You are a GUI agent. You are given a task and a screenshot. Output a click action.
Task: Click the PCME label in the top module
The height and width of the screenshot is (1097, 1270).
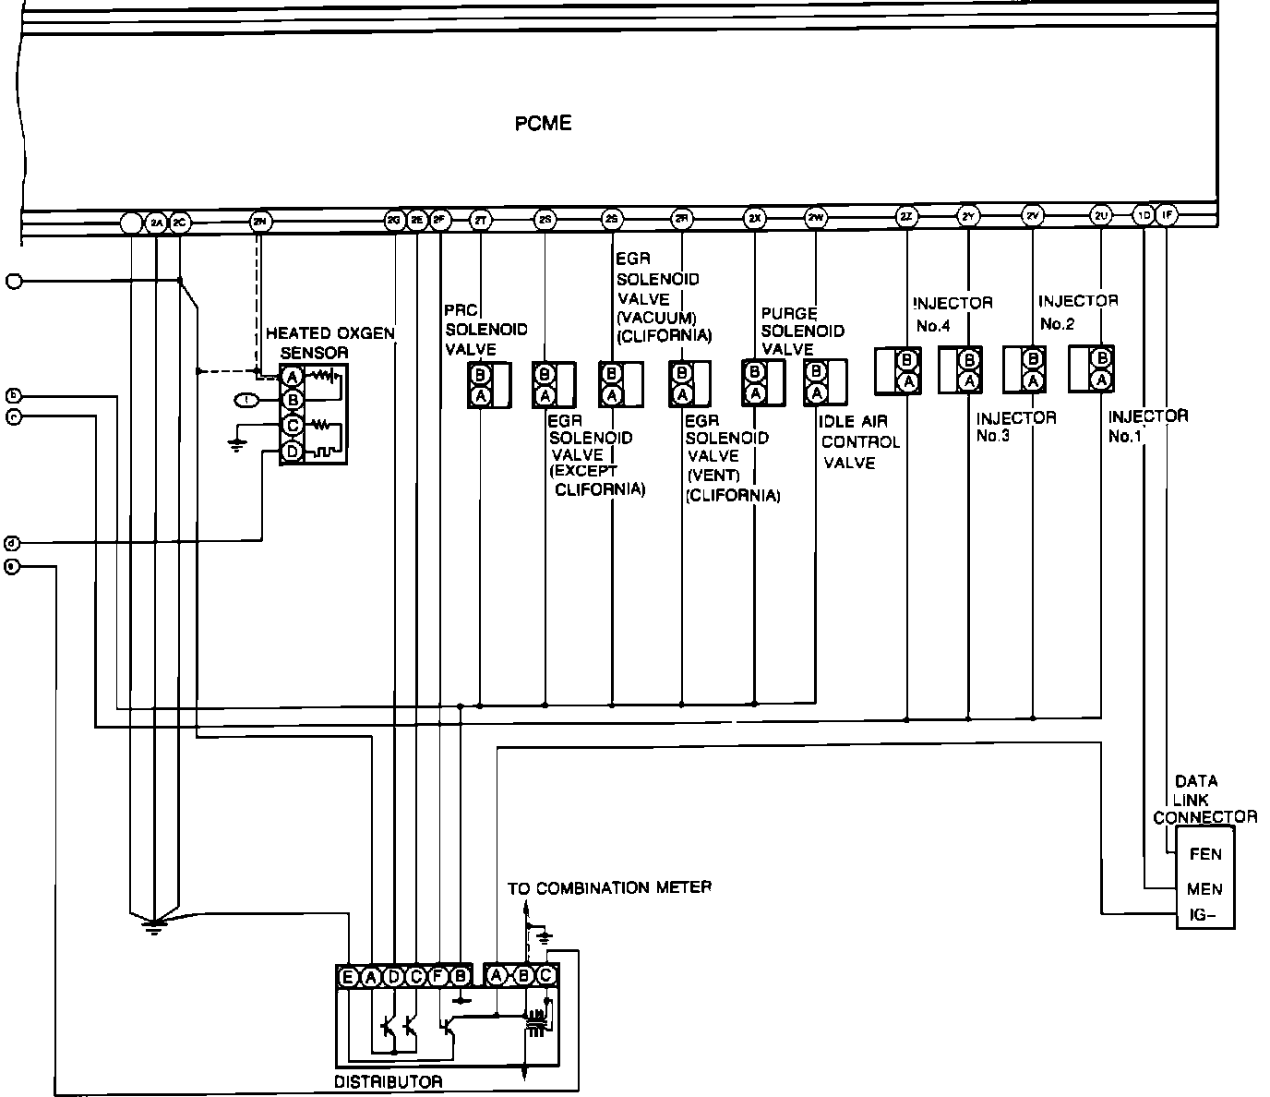point(543,123)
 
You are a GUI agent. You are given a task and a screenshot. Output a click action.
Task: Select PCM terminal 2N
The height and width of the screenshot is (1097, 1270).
point(259,221)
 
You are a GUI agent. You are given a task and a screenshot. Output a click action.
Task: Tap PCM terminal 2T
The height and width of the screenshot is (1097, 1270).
point(480,220)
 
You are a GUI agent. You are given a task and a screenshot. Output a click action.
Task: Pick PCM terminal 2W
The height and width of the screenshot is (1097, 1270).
point(816,218)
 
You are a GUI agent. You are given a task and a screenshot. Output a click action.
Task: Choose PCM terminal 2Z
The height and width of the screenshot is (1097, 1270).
point(906,218)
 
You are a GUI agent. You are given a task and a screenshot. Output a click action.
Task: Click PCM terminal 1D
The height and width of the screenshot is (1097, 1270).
point(1144,216)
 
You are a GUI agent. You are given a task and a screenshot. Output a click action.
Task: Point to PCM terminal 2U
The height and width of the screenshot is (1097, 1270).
point(1100,216)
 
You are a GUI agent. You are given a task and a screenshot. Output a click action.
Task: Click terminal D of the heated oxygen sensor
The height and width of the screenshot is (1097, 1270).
point(293,452)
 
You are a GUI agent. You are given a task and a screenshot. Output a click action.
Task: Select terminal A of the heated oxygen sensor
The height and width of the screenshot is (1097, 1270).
point(293,376)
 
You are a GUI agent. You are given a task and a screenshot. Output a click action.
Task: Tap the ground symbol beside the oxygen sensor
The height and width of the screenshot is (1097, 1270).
point(237,445)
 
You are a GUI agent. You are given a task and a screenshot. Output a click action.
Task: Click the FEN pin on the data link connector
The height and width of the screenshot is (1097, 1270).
point(1205,854)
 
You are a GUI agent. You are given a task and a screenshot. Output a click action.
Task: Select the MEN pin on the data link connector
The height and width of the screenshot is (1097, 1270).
point(1205,889)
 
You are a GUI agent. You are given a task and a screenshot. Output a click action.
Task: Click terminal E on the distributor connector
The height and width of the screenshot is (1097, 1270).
point(348,977)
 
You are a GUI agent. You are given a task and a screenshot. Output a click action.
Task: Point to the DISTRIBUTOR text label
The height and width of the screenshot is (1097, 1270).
point(388,1081)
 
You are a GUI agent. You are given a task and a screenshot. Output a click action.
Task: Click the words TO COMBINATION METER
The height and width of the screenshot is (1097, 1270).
point(609,887)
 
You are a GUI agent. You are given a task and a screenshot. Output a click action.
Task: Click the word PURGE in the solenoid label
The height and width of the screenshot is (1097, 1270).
point(788,314)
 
